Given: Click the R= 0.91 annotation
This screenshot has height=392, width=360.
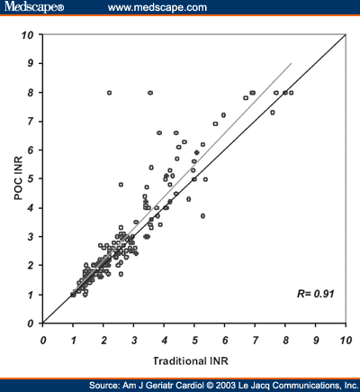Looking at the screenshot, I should (x=315, y=294).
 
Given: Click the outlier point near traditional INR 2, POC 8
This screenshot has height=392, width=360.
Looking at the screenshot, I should (x=109, y=92).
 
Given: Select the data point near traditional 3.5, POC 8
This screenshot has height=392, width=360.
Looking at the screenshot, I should (x=149, y=92).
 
